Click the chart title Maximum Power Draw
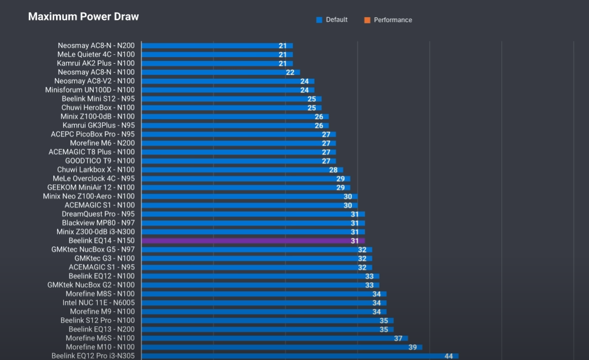[83, 17]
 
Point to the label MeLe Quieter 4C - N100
[95, 54]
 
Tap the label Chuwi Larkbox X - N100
[95, 170]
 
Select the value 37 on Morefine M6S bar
[398, 338]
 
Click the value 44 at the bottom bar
[449, 356]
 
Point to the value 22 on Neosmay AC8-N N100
[290, 72]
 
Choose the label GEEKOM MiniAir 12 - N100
[90, 187]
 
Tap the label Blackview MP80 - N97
[98, 223]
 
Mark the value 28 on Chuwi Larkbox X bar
[333, 170]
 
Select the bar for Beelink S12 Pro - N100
[266, 321]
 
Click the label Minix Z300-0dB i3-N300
[95, 232]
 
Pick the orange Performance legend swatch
[367, 20]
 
